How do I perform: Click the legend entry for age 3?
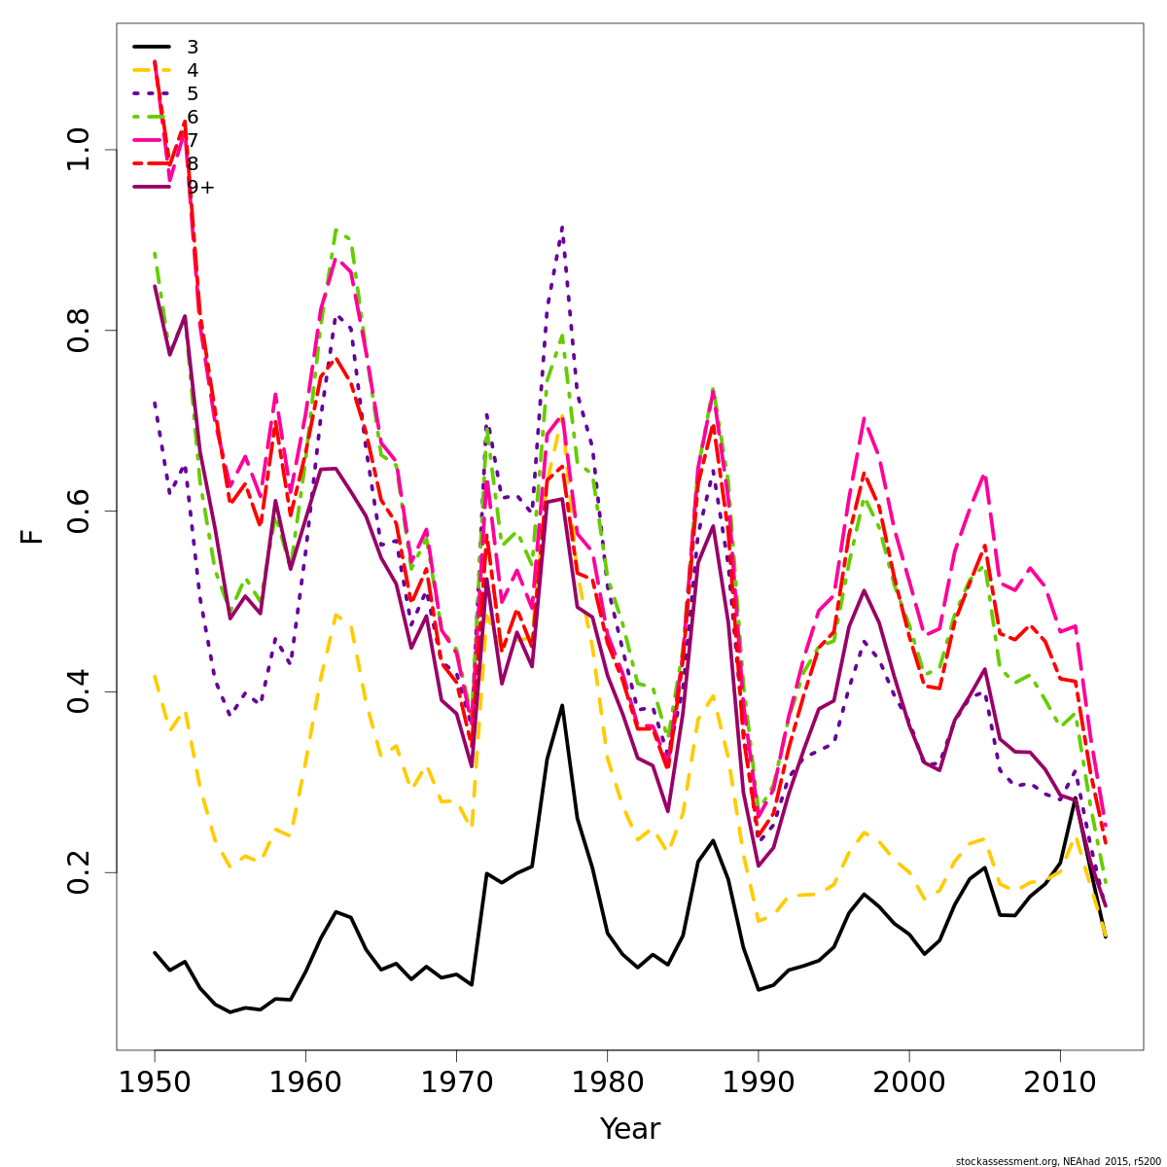[x=193, y=47]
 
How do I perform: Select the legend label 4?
[x=193, y=70]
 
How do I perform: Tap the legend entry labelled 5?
[x=193, y=93]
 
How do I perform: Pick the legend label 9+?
[x=200, y=187]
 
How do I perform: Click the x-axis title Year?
[x=629, y=1129]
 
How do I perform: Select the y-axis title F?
[x=33, y=536]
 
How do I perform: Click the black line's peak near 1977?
[x=562, y=705]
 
